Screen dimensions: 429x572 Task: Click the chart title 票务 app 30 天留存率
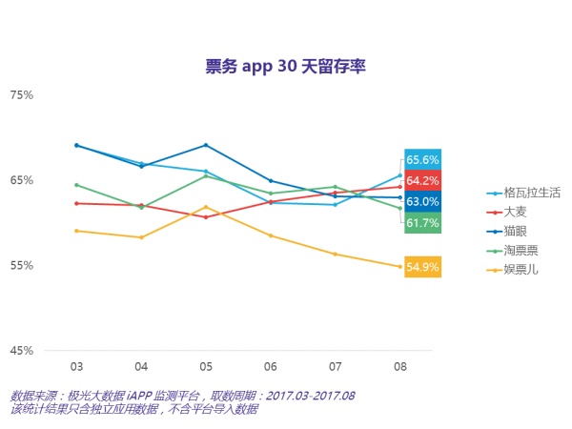286,66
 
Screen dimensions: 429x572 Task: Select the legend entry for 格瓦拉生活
525,193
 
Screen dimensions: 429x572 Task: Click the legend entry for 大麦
514,212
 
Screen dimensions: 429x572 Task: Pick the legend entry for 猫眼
514,232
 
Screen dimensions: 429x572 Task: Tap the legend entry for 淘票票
520,251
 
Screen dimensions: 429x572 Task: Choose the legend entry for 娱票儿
520,270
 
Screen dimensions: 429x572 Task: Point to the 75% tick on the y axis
22,95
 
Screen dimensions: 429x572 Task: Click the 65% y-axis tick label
22,180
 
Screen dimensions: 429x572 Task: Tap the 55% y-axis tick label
22,265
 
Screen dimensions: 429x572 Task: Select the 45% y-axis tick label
22,350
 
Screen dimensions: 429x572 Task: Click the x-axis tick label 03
76,366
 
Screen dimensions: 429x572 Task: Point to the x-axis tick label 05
206,366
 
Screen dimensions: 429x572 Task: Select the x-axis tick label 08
400,366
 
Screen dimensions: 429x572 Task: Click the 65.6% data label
422,160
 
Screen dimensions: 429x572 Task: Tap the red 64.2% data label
422,181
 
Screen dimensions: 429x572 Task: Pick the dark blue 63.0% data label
422,202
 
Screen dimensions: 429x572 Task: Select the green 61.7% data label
422,223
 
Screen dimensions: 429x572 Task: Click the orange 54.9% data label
422,267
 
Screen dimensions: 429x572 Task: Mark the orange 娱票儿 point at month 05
206,207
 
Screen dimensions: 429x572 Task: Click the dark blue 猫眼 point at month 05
206,145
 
